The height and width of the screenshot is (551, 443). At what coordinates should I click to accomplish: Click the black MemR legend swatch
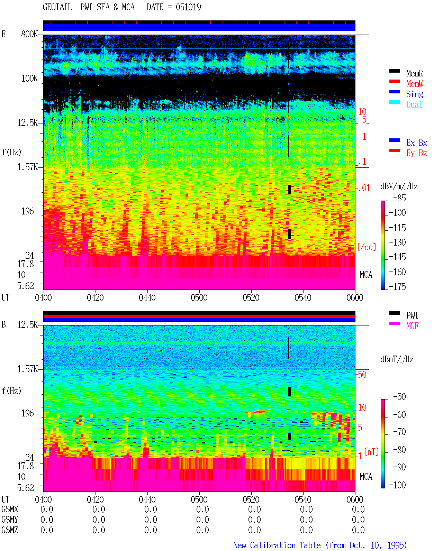394,71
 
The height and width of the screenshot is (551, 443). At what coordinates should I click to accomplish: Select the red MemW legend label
414,84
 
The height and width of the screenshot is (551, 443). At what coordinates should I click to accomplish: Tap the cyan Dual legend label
414,104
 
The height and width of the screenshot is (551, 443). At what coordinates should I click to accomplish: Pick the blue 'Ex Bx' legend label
416,143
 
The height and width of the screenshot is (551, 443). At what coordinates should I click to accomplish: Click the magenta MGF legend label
412,326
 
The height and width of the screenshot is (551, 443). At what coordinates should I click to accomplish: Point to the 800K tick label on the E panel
29,34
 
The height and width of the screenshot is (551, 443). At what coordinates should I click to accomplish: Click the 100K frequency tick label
29,79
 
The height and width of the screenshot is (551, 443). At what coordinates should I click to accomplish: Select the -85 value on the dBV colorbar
399,198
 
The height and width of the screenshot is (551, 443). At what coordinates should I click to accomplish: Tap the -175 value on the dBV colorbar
397,286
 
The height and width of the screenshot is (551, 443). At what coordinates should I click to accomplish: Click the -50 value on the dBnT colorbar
399,396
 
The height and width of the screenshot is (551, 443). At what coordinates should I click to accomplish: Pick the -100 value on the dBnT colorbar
397,485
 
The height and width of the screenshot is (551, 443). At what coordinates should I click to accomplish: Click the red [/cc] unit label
367,247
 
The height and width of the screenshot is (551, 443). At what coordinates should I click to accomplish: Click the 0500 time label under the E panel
199,297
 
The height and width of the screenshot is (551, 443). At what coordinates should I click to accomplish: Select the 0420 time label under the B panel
95,499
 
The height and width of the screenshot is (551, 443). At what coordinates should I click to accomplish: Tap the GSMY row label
10,520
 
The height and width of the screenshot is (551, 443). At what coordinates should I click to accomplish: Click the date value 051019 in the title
188,7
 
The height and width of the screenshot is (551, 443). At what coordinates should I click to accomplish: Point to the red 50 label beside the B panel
362,375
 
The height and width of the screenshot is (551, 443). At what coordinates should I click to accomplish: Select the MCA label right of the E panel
366,275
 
